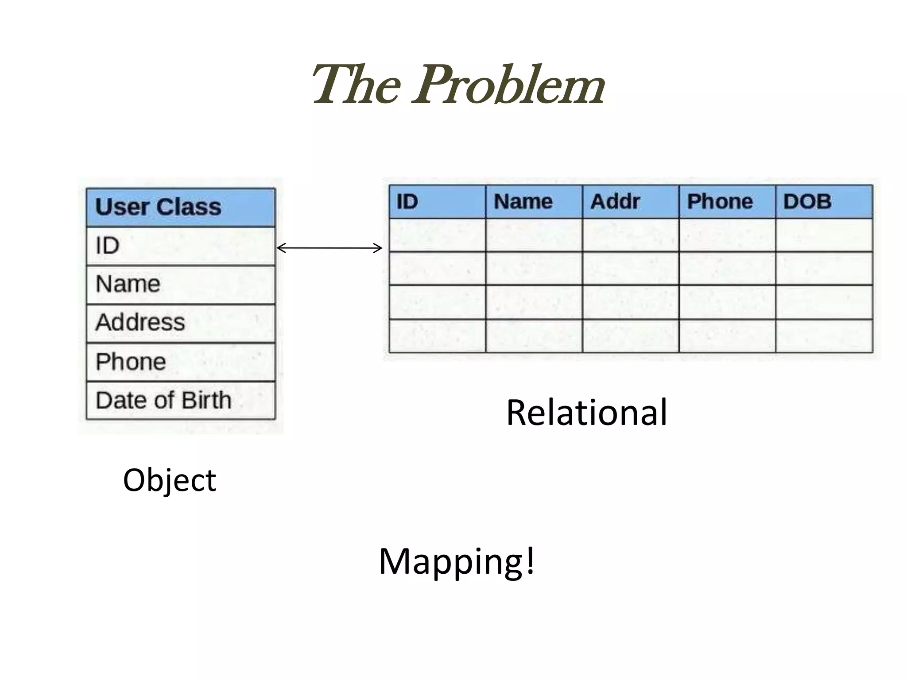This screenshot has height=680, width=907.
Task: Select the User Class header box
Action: coord(181,208)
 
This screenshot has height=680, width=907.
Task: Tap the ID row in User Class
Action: coord(181,246)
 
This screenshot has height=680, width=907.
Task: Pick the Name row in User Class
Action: coord(181,285)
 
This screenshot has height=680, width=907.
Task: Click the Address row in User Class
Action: coord(181,323)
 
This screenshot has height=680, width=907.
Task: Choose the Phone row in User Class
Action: coord(181,362)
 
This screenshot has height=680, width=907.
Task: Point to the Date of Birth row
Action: coord(181,401)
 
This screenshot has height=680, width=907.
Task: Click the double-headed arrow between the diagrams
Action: coord(329,248)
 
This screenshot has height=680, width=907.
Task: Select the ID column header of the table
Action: coord(437,202)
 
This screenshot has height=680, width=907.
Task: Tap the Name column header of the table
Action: coord(534,202)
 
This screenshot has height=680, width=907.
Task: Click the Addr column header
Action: coord(630,202)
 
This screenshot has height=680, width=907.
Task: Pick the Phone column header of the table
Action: coord(727,202)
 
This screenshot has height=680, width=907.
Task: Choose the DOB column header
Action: coord(824,202)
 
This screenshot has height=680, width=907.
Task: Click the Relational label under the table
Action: coord(586,413)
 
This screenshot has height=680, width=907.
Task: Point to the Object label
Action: coord(169,481)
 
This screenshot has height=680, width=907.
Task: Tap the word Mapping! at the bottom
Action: coord(457,561)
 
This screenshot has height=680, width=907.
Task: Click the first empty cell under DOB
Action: coord(824,235)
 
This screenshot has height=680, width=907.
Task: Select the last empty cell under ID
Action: coord(437,336)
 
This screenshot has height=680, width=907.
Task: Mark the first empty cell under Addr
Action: coord(630,235)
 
